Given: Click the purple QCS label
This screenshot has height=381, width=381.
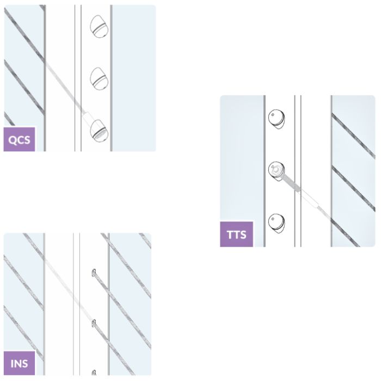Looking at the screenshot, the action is click(19, 139).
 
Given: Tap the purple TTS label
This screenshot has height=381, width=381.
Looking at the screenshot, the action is click(236, 234).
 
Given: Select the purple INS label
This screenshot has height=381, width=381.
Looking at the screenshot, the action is click(19, 363).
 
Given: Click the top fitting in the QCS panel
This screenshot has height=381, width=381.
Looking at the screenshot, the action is click(99, 27).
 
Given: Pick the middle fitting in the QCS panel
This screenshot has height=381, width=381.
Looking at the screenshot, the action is click(99, 79).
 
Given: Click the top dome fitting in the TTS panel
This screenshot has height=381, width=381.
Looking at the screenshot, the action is click(276, 119).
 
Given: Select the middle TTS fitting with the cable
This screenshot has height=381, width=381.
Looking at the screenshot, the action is click(276, 171).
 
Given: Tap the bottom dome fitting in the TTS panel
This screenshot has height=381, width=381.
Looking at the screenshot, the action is click(276, 223).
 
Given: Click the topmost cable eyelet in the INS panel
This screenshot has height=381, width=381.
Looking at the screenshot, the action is click(94, 273).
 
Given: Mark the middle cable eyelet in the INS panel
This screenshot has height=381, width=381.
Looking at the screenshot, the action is click(94, 323).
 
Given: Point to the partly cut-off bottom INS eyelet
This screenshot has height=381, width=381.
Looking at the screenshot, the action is click(94, 372).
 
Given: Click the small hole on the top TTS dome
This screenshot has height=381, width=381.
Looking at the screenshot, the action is click(273, 115).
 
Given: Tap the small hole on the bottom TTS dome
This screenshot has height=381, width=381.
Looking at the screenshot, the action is click(273, 219).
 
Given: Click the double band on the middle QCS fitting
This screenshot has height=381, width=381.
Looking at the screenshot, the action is click(100, 81).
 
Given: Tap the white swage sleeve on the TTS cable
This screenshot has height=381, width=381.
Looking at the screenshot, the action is click(309, 199).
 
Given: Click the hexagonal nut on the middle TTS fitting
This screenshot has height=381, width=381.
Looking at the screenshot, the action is click(276, 170).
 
